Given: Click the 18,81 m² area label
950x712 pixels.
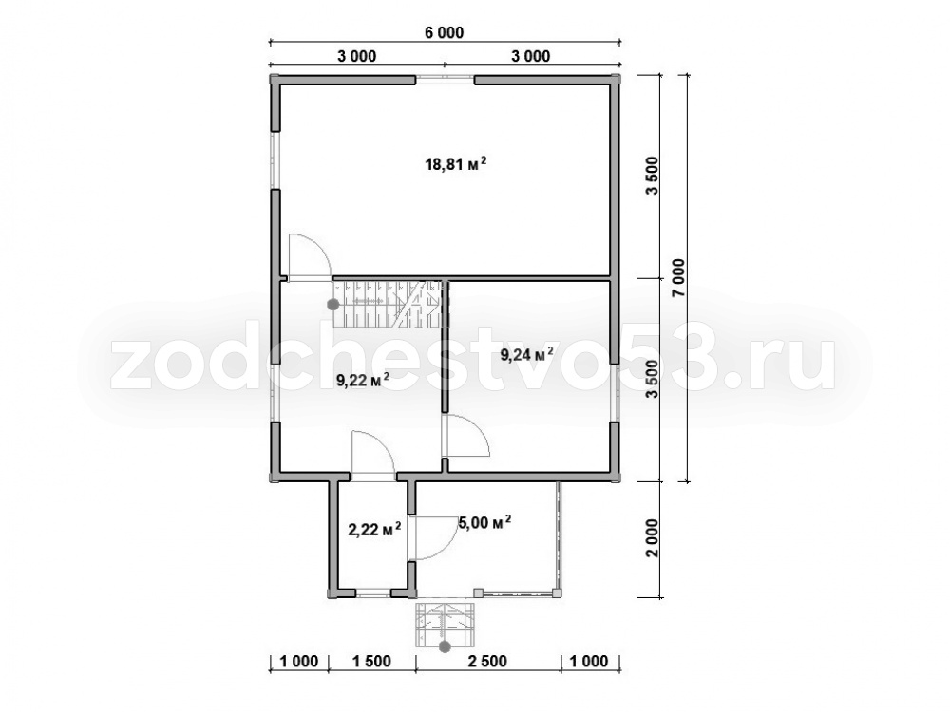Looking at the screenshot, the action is click(456, 164).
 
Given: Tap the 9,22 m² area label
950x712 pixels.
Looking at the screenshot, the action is click(362, 381).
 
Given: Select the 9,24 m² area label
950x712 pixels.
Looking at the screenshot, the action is click(526, 354).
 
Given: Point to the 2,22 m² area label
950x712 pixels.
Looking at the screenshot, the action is click(374, 531).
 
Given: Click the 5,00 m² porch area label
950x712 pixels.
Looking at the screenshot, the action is click(485, 522).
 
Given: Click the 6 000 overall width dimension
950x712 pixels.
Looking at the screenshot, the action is click(444, 32).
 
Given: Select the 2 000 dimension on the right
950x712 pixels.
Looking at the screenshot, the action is click(652, 539).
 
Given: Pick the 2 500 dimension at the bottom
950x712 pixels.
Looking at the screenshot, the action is click(487, 661).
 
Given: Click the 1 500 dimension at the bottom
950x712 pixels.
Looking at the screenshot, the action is click(371, 661).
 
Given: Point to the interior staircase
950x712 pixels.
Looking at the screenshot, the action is click(388, 304).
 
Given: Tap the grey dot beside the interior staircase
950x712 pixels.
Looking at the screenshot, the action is click(332, 305).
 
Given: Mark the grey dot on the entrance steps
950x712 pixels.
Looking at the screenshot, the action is click(445, 647).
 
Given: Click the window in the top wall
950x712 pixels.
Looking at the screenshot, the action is click(445, 80).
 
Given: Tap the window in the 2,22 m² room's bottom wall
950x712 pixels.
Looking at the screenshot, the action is click(373, 594).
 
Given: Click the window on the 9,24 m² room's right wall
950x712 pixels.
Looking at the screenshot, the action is click(615, 394).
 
